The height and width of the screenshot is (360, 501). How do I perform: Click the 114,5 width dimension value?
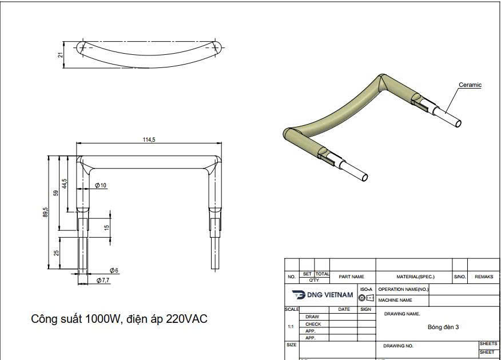tap(150, 139)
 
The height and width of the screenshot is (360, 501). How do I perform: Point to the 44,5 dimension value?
tap(65, 184)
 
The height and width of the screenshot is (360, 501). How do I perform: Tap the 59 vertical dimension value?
tap(56, 193)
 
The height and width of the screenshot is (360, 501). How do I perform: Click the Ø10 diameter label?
tap(101, 185)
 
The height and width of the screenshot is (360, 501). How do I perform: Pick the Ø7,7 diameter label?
tap(103, 280)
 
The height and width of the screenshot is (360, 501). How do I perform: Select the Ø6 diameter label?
tap(114, 270)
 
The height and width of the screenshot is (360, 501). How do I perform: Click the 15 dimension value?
tap(106, 227)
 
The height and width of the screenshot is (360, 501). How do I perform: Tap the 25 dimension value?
tap(57, 252)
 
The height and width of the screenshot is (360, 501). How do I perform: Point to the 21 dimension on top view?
tap(60, 55)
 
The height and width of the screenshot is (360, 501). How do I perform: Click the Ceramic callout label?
tap(470, 85)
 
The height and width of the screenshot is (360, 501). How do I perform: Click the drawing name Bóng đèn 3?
tap(443, 327)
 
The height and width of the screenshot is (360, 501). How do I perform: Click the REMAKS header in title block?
tap(484, 277)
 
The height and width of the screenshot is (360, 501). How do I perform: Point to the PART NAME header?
tap(351, 277)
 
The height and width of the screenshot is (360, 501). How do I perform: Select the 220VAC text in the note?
tap(186, 319)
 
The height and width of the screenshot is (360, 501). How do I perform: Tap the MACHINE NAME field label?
tap(395, 300)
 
